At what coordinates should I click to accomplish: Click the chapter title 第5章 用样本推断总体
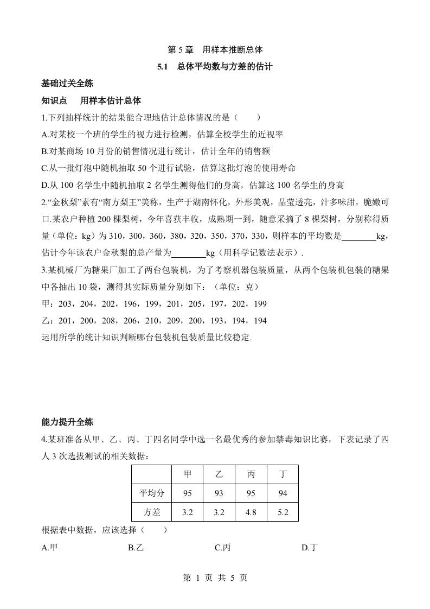point(215,49)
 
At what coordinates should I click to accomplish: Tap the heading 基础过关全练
point(67,84)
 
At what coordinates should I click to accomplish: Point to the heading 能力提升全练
point(67,422)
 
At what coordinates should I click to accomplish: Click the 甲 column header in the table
point(188,474)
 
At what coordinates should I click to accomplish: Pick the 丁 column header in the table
point(283,474)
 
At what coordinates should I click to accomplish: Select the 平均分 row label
point(151,493)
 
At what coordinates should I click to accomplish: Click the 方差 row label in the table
point(151,511)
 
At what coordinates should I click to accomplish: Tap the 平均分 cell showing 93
point(219,493)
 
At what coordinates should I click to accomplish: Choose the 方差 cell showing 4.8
point(251,511)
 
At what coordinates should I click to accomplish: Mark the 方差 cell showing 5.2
point(283,511)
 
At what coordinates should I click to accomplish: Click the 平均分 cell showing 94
point(283,493)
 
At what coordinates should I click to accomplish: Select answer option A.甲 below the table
point(49,548)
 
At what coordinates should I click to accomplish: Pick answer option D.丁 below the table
point(309,548)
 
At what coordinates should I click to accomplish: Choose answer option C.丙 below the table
point(222,548)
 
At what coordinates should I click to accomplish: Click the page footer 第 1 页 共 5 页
point(215,578)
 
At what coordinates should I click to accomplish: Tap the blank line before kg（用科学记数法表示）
point(189,254)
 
